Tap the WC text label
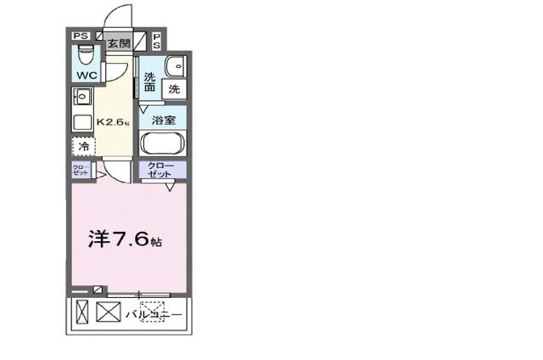click(x=86, y=75)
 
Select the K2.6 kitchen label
click(x=113, y=122)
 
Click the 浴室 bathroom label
click(x=163, y=121)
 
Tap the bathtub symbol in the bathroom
click(x=163, y=142)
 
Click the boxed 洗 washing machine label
click(x=173, y=88)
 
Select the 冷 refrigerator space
click(x=83, y=147)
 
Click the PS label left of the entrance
click(x=80, y=37)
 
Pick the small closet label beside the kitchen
click(x=79, y=170)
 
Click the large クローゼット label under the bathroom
click(x=161, y=169)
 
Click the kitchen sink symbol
click(x=82, y=96)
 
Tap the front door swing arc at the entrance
click(x=119, y=17)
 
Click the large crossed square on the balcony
click(x=109, y=312)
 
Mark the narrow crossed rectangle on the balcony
click(x=81, y=312)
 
